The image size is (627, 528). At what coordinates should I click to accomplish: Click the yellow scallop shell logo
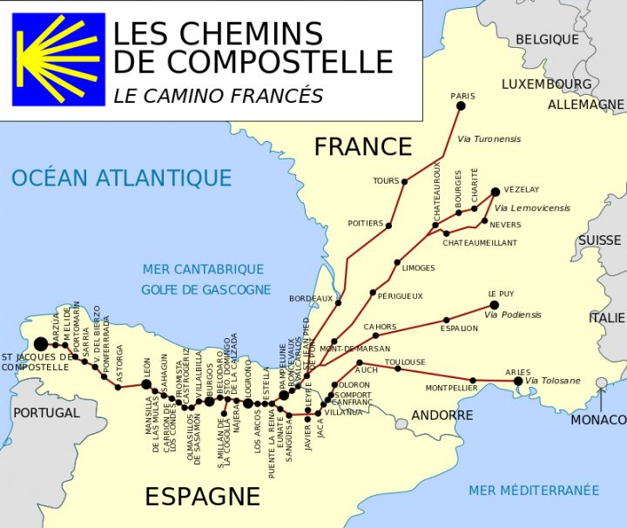58,58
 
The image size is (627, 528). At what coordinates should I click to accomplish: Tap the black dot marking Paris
461,106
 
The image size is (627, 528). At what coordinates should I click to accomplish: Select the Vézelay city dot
495,192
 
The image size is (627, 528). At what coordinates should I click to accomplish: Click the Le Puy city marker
494,305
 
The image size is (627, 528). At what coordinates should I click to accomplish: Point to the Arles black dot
518,381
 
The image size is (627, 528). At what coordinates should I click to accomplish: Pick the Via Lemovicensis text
532,208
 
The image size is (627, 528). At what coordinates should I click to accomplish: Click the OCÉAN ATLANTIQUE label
121,179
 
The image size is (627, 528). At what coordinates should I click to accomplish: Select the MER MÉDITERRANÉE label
534,491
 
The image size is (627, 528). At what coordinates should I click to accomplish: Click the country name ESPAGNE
202,497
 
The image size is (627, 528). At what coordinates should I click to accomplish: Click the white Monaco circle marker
601,382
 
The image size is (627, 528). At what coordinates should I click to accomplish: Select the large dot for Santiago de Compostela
41,344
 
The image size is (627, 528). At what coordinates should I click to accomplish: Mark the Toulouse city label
405,362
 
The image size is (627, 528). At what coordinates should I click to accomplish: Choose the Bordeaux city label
311,298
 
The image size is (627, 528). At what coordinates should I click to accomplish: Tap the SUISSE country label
600,240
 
